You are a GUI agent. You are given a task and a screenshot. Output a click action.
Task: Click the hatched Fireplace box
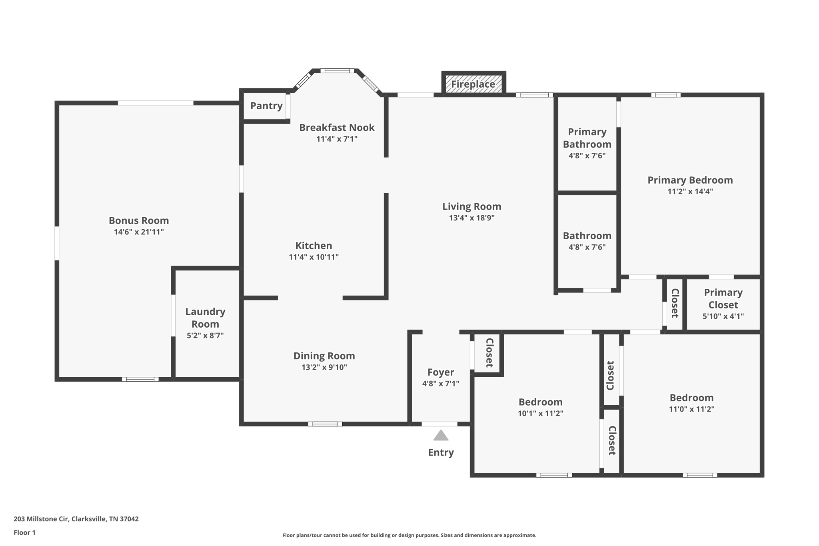coord(473,84)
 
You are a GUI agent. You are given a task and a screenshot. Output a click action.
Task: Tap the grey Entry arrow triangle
coord(441,436)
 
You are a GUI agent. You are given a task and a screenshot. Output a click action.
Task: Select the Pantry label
coord(266,106)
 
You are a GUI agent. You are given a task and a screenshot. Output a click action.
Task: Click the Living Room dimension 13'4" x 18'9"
coord(471,218)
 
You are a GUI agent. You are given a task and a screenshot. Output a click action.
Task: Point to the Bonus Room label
coord(139,220)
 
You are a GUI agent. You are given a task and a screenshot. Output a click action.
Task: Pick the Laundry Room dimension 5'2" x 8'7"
coord(205,336)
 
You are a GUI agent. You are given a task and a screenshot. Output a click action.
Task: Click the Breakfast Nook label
coord(337,128)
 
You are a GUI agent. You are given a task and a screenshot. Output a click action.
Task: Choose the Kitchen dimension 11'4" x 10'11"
coord(314,257)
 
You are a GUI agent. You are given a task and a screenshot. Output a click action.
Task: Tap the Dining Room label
coord(324,356)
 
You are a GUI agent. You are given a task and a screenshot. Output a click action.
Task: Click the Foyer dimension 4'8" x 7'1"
coord(440,384)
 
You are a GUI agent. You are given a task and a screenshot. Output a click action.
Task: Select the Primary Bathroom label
coord(587,138)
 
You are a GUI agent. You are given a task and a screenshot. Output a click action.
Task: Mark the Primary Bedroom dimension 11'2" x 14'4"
coord(690,192)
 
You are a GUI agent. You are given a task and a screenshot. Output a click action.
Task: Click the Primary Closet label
coord(723,298)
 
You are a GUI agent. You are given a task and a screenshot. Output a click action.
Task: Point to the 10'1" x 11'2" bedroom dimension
coord(540,414)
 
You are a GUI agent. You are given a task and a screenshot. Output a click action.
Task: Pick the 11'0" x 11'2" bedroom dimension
coord(691,409)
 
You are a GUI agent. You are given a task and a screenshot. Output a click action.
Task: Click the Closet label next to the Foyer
coord(489,353)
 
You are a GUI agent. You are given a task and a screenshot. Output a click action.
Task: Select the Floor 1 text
coord(24,533)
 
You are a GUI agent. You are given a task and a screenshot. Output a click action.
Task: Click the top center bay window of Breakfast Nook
coord(337,71)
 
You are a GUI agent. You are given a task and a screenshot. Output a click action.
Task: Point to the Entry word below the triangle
coord(441,453)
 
